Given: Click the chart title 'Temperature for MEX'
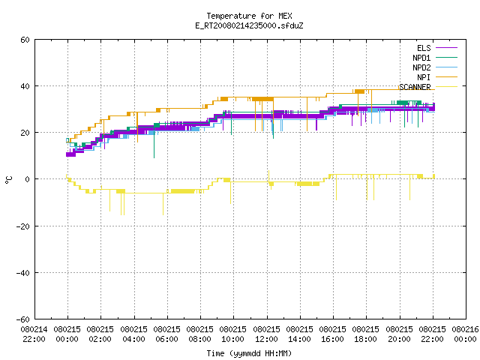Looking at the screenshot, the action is coord(249,16).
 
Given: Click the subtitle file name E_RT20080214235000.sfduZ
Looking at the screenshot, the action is coord(249,25).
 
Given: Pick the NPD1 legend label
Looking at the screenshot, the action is coord(421,58).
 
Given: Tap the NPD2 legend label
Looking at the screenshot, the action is coord(421,67).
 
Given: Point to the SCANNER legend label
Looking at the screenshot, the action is coord(415,87).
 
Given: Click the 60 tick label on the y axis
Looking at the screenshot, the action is coord(25,40).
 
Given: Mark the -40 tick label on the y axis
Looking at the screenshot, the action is coord(23,273).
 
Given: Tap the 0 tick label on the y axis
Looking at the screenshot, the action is coord(28,179).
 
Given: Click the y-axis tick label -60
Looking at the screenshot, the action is coord(23,319).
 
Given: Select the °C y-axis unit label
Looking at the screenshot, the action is coord(8,180).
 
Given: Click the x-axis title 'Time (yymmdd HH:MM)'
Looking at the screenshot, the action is coord(249,353).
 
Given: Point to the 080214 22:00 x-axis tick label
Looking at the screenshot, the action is coord(34,334).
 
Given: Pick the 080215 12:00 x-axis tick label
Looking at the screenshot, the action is coord(267,334).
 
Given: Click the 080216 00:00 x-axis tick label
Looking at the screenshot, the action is coord(465,334).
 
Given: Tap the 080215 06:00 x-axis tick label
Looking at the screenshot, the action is coord(166,334).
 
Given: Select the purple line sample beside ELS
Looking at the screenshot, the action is coord(446,48).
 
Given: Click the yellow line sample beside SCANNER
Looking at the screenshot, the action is coord(446,87).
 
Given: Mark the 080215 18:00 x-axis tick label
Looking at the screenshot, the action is coord(365,334).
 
